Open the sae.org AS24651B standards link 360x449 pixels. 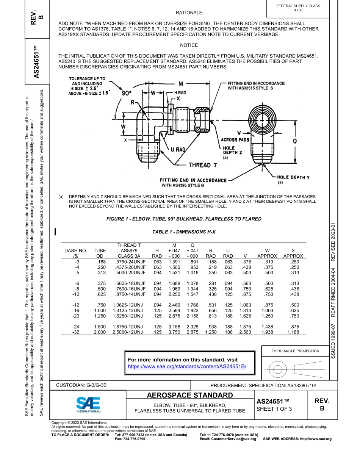tap(187, 366)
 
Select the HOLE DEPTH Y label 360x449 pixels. tap(293, 177)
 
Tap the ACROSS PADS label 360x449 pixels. tap(235, 140)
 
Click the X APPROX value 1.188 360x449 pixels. tap(293, 332)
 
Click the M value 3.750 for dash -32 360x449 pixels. tap(174, 332)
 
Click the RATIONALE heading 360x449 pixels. tap(189, 13)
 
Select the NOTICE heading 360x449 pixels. tap(189, 45)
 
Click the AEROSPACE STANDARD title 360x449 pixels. tap(189, 395)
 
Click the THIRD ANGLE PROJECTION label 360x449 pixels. tap(295, 351)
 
